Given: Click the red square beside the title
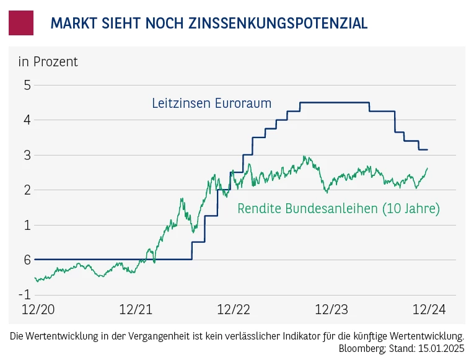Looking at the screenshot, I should point(20,23).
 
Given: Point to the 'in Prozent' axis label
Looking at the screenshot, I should point(48,61).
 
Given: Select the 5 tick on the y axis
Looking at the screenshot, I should point(27,85).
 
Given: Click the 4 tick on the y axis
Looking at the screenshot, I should point(27,120).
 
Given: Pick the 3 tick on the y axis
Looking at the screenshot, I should point(27,155).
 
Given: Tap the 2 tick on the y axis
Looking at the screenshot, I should point(27,190).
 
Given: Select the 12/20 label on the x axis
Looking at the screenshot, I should point(36,309).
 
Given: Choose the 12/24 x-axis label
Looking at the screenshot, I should point(429,309).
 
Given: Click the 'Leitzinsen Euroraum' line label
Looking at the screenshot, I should point(211,103).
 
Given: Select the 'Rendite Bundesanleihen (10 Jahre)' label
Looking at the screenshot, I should point(338,209).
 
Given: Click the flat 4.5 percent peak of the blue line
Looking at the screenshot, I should point(335,103).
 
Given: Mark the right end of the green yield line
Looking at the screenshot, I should point(428,168).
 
